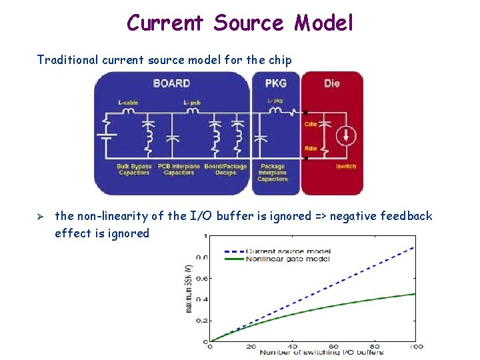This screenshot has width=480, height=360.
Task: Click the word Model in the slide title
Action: tap(323, 23)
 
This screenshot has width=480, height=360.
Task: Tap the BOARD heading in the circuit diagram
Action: tap(171, 83)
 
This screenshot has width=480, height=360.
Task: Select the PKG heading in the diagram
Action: tap(276, 83)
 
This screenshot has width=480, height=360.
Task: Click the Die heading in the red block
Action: tap(331, 83)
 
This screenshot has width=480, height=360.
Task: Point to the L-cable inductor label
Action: tap(129, 103)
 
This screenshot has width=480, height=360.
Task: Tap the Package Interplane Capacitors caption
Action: tap(272, 172)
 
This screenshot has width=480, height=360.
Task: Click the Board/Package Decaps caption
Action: tap(225, 169)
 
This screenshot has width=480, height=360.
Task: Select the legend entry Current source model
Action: tap(287, 251)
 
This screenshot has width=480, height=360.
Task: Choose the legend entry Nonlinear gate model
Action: tap(287, 259)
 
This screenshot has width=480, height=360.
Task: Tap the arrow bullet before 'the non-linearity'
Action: tap(40, 216)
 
